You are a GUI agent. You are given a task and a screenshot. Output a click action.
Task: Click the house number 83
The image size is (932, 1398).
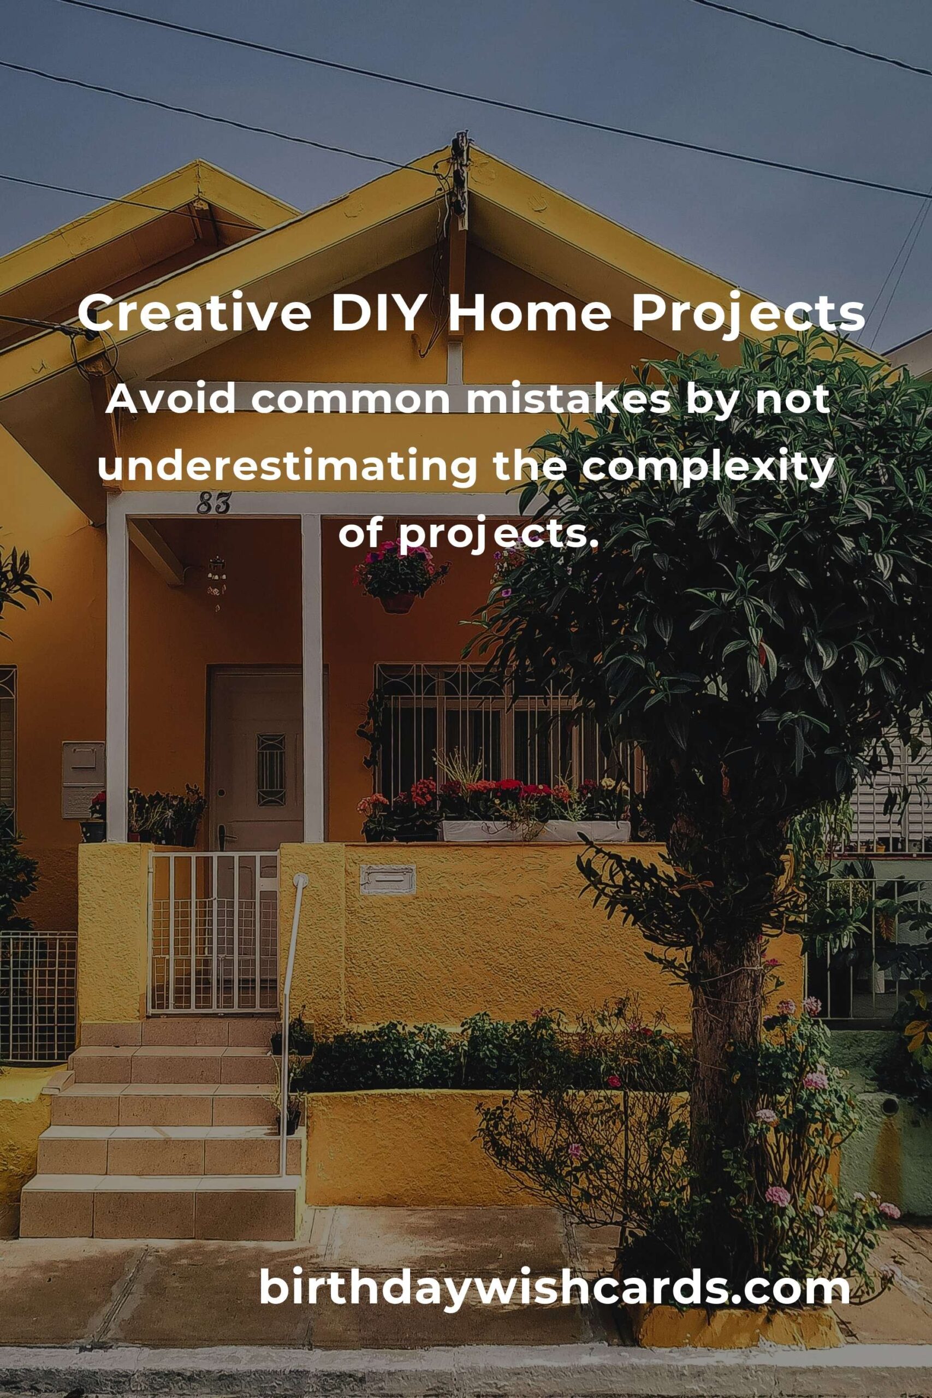click(x=213, y=503)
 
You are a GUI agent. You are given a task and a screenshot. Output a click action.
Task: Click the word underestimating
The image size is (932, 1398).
click(x=288, y=468)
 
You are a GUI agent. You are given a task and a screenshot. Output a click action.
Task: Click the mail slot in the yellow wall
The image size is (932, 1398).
click(x=388, y=879)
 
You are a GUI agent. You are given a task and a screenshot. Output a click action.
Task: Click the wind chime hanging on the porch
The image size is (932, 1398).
click(x=216, y=579)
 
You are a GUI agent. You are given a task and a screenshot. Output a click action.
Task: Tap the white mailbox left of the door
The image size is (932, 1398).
click(x=83, y=779)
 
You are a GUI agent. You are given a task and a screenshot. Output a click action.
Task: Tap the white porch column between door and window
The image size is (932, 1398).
click(x=312, y=678)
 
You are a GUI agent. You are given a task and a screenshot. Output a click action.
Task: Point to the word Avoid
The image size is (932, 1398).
click(x=170, y=401)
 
